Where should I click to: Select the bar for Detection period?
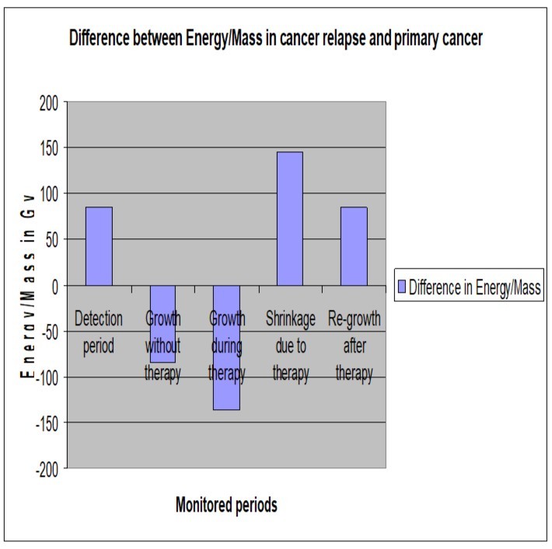click(x=99, y=246)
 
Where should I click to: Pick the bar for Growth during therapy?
click(x=226, y=347)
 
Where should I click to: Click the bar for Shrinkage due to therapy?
click(x=290, y=218)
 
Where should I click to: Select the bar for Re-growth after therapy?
click(x=354, y=246)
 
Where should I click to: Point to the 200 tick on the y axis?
click(x=48, y=103)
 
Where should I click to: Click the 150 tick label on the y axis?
click(x=48, y=148)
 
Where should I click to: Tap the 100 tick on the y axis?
click(x=48, y=194)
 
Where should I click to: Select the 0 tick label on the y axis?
click(x=54, y=286)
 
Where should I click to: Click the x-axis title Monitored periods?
click(x=225, y=506)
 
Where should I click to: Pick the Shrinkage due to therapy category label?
click(x=290, y=346)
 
